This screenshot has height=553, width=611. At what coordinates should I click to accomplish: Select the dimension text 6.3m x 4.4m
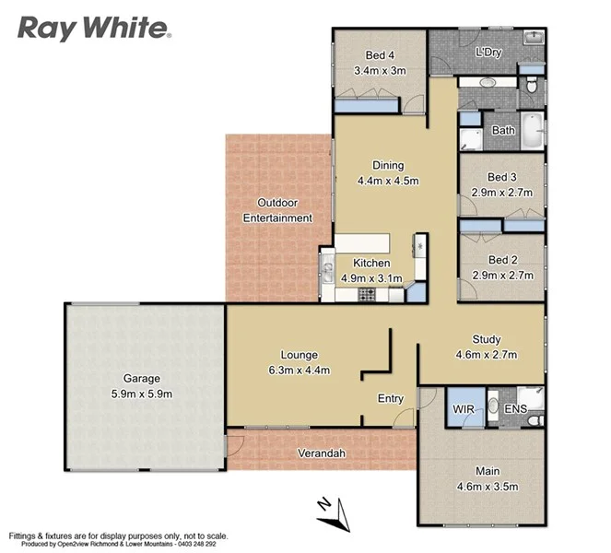pyautogui.click(x=299, y=371)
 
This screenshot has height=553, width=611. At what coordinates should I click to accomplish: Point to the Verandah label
pyautogui.click(x=321, y=453)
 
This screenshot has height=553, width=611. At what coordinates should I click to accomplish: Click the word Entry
pyautogui.click(x=392, y=398)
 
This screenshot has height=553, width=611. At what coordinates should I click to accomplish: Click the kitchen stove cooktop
pyautogui.click(x=366, y=295)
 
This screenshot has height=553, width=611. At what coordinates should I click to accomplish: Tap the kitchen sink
pyautogui.click(x=327, y=272)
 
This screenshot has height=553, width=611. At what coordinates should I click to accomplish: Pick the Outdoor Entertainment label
pyautogui.click(x=276, y=210)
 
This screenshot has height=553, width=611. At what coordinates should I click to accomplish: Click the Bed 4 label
pyautogui.click(x=380, y=54)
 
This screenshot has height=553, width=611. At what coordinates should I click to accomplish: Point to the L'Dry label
pyautogui.click(x=488, y=53)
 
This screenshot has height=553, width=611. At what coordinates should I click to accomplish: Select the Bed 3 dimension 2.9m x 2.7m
pyautogui.click(x=503, y=192)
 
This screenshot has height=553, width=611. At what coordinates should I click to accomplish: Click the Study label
pyautogui.click(x=487, y=339)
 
